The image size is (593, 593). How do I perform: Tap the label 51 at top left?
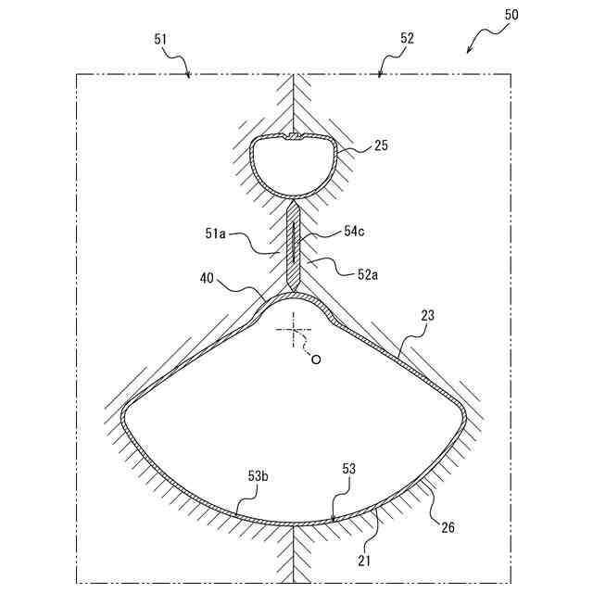point(160,39)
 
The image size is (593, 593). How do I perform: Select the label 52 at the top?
point(408,39)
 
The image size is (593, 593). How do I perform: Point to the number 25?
point(381,145)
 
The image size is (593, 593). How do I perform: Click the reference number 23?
point(427,317)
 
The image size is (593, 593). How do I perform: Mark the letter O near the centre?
point(316,360)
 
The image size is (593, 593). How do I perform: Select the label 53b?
point(259,476)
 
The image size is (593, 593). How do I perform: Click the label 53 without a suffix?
point(348,469)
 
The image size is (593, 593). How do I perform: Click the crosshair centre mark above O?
point(294,327)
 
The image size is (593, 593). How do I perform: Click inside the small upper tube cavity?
point(294,167)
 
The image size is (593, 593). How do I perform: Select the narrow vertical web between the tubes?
point(294,246)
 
